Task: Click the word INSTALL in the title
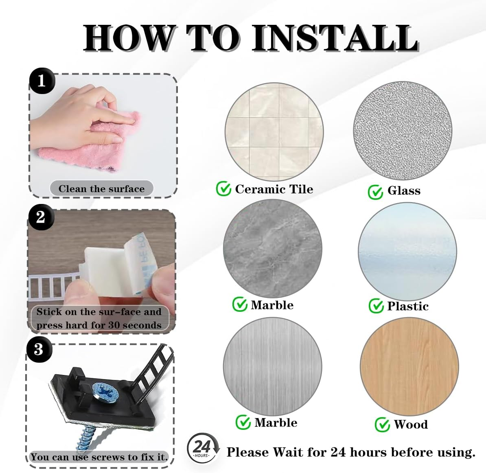335,37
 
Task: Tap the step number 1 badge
41,81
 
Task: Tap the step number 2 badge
40,217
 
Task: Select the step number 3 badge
39,349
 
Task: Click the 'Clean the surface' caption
101,189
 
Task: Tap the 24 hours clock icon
202,448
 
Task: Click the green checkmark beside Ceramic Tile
223,189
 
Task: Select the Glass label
404,191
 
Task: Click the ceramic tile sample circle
274,132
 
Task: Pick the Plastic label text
408,306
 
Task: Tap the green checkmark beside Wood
382,425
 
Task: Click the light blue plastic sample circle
407,252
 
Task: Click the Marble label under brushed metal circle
276,423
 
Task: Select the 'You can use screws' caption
99,457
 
